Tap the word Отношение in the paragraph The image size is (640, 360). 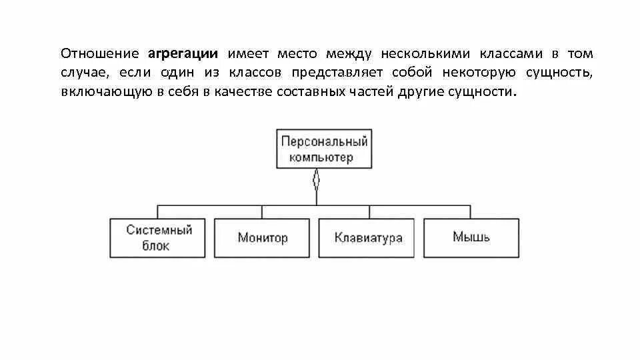[99, 53]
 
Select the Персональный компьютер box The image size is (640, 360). [324, 149]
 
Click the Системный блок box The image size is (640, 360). [157, 237]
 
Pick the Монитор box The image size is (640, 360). [262, 237]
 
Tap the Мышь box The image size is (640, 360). [471, 237]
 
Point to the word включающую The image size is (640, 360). [103, 92]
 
